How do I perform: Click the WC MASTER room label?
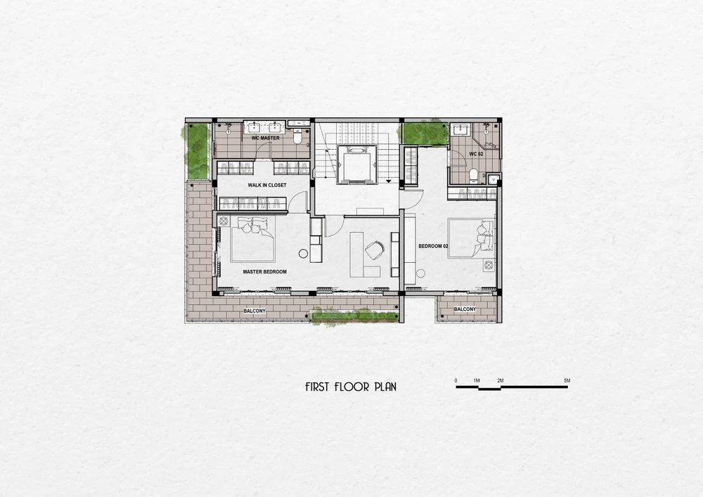click(x=266, y=138)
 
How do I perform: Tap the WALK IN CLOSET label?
click(x=266, y=185)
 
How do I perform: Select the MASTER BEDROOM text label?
click(x=264, y=271)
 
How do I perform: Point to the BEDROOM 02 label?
click(x=433, y=246)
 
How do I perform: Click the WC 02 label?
click(x=476, y=154)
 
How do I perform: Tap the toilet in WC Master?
click(x=297, y=136)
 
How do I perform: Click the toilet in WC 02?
click(x=473, y=175)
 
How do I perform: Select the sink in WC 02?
click(x=461, y=130)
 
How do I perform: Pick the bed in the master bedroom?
click(x=252, y=239)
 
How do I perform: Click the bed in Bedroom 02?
click(x=471, y=238)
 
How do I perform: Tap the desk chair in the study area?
click(x=375, y=249)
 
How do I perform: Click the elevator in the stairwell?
click(x=356, y=164)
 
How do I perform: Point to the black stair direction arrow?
click(x=389, y=181)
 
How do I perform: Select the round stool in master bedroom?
click(x=304, y=254)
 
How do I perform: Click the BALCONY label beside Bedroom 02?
click(x=465, y=309)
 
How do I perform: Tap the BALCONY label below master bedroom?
click(x=254, y=311)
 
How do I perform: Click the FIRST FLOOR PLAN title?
click(x=351, y=387)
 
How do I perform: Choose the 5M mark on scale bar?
click(x=567, y=381)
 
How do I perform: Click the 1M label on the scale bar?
click(x=477, y=381)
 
